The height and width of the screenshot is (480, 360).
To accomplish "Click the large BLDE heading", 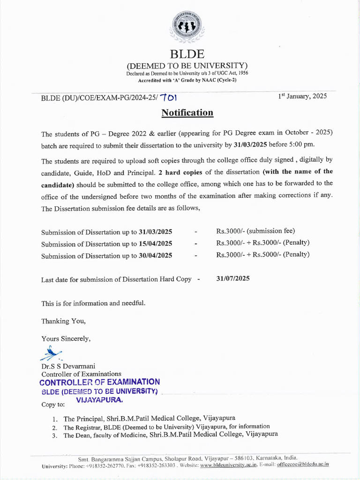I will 187,54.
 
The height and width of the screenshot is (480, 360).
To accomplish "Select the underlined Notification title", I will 187,112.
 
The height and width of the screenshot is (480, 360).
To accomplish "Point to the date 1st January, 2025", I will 302,96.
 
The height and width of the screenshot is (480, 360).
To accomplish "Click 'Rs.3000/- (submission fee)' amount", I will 255,231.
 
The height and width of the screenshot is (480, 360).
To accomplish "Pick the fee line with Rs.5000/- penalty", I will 262,255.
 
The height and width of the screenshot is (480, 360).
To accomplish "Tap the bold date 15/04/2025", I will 155,244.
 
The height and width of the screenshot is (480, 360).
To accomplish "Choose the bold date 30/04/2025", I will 155,255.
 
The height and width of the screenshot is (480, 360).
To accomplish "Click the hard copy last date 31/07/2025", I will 233,278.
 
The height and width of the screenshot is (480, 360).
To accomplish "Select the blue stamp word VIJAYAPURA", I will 99,401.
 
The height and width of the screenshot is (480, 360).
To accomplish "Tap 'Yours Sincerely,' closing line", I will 66,338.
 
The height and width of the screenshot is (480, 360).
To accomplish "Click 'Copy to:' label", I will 53,404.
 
